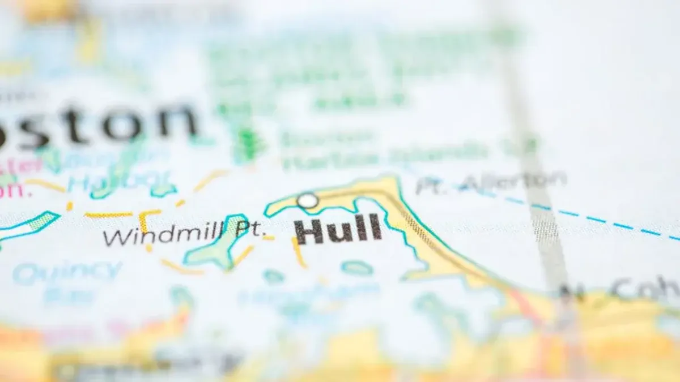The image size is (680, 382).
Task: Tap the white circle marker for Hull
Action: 308,200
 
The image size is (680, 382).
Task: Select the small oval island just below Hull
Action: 357,268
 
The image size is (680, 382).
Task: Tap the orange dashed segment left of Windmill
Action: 108,214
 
